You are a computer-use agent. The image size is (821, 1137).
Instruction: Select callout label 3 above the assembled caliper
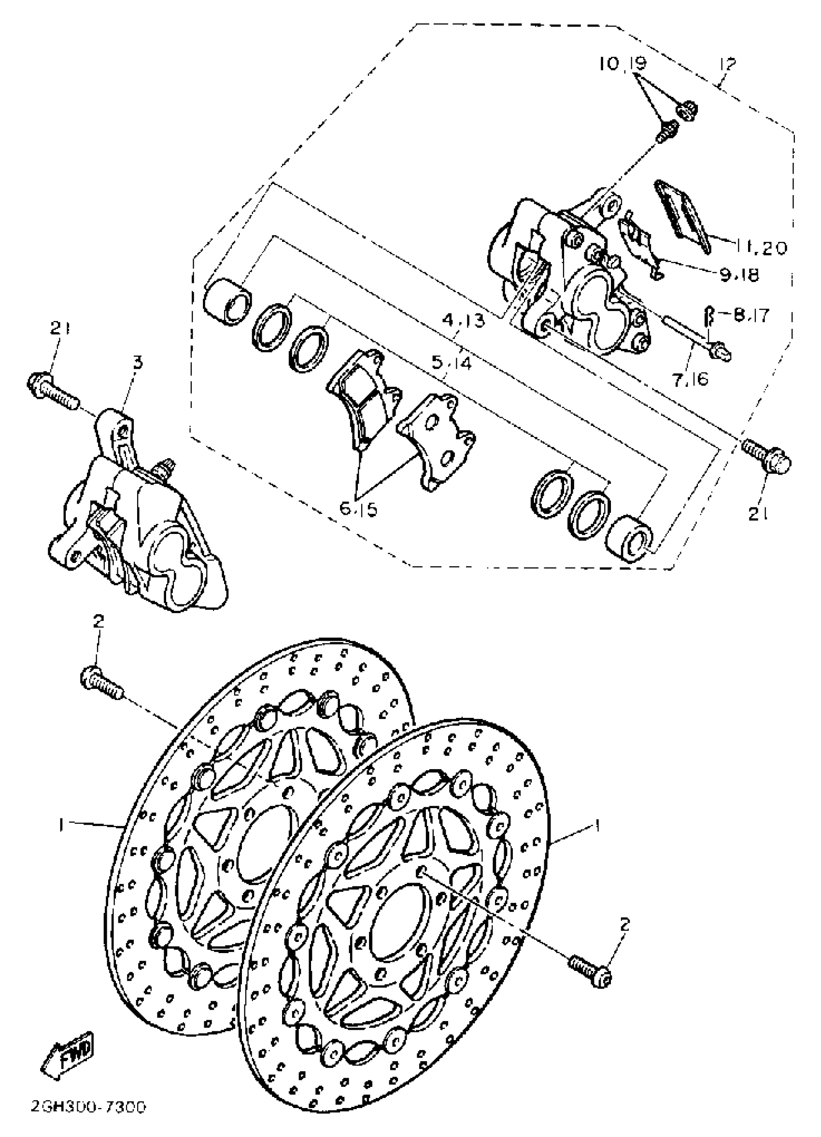tap(138, 362)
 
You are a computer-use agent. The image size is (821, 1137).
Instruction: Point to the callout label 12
tap(727, 65)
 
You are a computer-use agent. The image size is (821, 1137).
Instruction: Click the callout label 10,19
tap(623, 65)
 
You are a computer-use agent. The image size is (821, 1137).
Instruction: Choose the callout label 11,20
tap(762, 247)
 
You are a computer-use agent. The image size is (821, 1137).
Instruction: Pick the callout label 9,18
tap(739, 274)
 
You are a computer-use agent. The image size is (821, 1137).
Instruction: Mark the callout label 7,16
tap(692, 379)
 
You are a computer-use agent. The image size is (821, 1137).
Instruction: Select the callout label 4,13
tap(464, 320)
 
